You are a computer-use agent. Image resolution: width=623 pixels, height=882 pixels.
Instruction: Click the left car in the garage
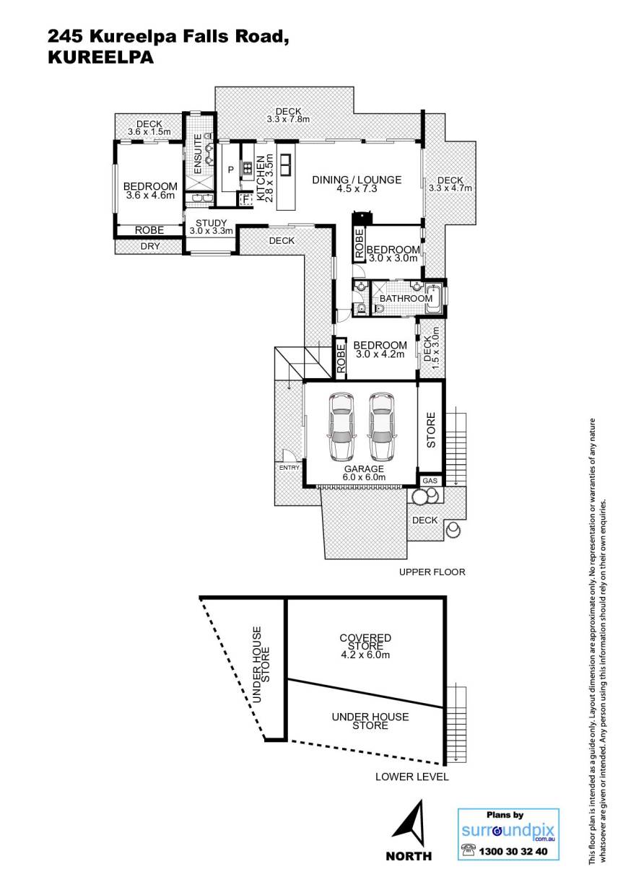(342, 426)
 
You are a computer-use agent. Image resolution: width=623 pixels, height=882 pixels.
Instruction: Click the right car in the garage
(381, 426)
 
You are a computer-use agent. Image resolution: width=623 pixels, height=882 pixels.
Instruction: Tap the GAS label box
(430, 481)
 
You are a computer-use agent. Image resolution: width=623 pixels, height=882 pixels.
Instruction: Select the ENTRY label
(289, 468)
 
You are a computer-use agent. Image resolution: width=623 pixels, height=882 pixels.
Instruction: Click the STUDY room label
(211, 223)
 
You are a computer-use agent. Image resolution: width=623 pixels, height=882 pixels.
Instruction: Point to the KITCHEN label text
(261, 178)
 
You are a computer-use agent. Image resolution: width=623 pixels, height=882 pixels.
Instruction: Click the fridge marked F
(246, 200)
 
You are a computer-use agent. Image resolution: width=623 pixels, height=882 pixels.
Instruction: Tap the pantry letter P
(231, 170)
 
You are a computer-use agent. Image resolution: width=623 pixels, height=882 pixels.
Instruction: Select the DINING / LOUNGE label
(357, 180)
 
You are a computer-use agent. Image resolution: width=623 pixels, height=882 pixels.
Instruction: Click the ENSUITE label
(198, 154)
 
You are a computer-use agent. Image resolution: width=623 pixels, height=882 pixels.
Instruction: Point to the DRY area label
(150, 246)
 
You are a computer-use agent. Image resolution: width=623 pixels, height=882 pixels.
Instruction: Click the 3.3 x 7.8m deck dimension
(288, 119)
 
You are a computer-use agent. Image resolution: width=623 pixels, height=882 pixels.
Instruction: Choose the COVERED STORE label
(365, 642)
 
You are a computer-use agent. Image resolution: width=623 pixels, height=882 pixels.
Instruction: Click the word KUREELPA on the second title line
(101, 58)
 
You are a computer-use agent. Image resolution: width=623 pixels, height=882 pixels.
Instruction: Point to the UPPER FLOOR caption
(432, 572)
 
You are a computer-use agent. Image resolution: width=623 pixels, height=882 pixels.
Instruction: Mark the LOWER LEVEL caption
(412, 777)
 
